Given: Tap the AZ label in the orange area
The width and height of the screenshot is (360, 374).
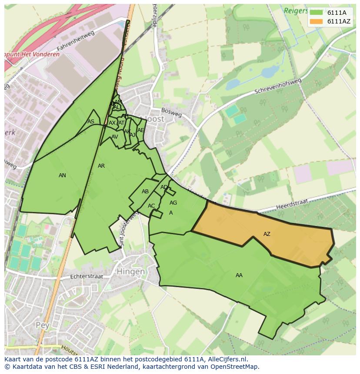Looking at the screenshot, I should click(x=267, y=234).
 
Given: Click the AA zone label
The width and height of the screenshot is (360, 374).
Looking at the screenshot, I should click(x=239, y=275).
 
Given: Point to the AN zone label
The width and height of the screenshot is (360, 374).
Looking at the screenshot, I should click(x=62, y=175).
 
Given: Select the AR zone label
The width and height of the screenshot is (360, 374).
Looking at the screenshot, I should click(x=101, y=166).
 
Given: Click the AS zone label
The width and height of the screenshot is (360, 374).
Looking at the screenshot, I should click(x=90, y=122).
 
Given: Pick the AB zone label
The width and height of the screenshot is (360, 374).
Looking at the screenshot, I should click(x=145, y=192).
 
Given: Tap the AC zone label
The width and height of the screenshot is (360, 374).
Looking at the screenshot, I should click(x=151, y=206).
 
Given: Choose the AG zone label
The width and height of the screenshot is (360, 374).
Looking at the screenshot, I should click(x=173, y=203).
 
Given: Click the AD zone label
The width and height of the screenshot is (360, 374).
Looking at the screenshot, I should click(x=164, y=187).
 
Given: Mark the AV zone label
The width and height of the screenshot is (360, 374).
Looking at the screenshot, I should click(x=115, y=137).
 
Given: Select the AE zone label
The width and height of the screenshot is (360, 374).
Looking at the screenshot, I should click(x=140, y=130).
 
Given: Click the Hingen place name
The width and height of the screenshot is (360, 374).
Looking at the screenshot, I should click(x=130, y=271).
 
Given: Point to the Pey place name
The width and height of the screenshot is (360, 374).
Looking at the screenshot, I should click(x=43, y=325).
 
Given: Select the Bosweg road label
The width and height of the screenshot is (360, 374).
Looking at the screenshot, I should click(x=171, y=112).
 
